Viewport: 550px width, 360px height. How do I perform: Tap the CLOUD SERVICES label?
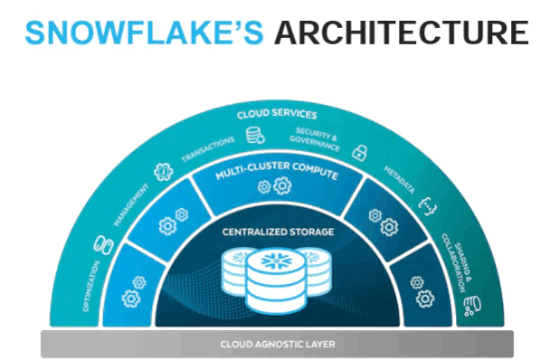277,115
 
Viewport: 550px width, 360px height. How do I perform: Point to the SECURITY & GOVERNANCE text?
318,137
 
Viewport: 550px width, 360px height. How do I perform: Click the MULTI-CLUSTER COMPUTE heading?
275,170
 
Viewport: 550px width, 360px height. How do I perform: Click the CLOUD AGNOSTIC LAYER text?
275,344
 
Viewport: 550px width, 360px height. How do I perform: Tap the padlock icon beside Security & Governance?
358,151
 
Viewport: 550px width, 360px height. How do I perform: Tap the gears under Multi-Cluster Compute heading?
275,188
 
